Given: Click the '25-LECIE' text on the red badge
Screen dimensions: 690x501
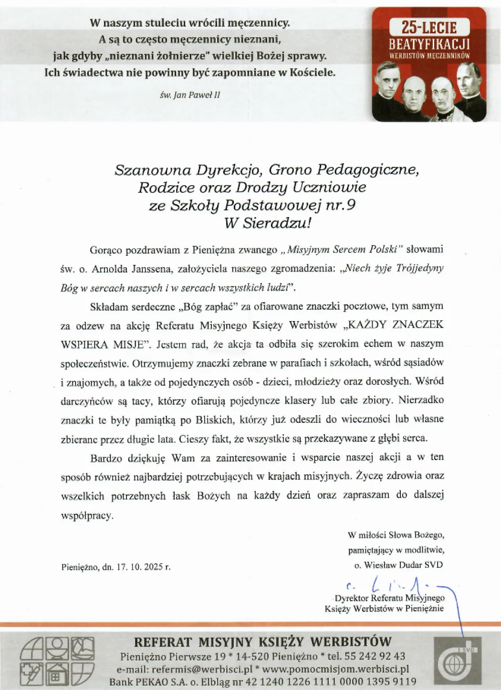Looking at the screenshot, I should point(429,28).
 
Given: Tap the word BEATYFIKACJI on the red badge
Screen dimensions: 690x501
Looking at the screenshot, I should point(429,44).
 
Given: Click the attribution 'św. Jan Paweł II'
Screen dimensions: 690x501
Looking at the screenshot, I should point(190,95).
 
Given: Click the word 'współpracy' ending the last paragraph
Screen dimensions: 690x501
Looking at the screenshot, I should point(87,516).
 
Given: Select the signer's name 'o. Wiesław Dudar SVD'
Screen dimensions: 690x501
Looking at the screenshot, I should point(398,565).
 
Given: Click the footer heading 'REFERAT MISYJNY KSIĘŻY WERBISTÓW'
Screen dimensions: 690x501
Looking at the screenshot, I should point(262,642).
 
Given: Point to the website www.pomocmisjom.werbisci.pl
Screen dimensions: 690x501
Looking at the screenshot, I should point(335,669).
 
